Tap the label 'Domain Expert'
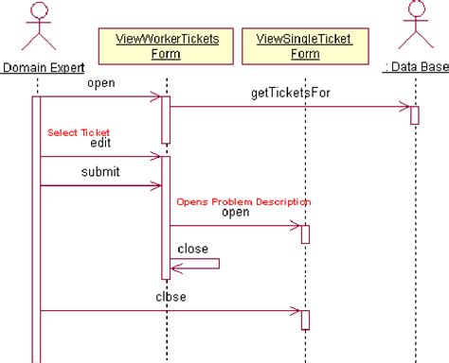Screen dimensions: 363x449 [43, 67]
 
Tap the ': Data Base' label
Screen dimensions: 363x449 [414, 67]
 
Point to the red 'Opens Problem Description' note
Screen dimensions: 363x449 [243, 201]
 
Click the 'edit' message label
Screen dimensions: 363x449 [99, 144]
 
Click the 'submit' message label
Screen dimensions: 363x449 [100, 171]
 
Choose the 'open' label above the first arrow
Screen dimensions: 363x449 [101, 82]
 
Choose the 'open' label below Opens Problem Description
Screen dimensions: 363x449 [235, 213]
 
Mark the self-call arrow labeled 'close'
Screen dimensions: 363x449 [195, 263]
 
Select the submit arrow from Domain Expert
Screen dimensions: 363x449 [99, 185]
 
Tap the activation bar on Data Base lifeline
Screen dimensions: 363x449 [415, 114]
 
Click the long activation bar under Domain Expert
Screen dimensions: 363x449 [37, 236]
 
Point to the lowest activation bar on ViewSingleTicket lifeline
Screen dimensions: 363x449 [305, 319]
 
